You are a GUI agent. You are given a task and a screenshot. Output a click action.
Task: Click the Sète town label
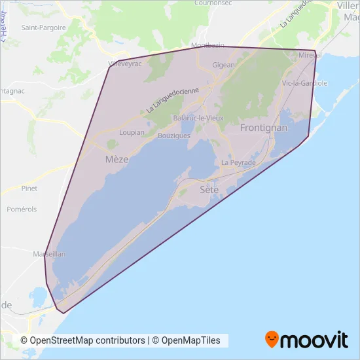point(208,189)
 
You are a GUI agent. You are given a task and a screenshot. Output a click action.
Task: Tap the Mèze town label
point(117,159)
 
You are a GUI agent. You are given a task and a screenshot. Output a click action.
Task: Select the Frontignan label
point(264,128)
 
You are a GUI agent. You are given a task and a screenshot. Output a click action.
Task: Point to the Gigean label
point(223,65)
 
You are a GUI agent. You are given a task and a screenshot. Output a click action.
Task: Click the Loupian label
point(132,132)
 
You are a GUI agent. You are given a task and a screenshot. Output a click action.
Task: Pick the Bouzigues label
point(174,135)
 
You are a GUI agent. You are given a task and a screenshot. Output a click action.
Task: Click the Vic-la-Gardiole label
point(304,84)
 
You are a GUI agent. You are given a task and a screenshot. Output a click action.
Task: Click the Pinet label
point(29,189)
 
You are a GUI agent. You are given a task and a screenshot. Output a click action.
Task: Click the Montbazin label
point(207,45)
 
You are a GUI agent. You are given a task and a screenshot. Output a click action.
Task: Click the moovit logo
point(306,340)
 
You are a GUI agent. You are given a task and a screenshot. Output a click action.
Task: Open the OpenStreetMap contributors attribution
point(82,340)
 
